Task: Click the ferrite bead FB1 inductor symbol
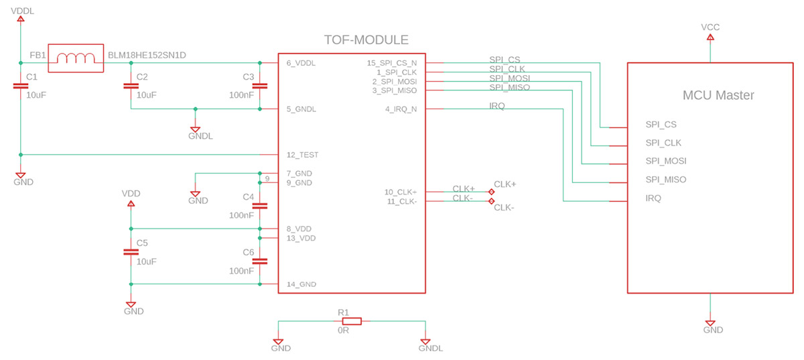pos(76,60)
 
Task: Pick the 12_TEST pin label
pos(302,155)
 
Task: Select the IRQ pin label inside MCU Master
pos(653,198)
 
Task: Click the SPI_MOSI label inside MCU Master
pos(665,161)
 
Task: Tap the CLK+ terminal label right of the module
pos(505,184)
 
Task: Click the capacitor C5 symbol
pos(131,252)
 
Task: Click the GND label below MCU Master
pos(713,330)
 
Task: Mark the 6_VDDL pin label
pos(301,63)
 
